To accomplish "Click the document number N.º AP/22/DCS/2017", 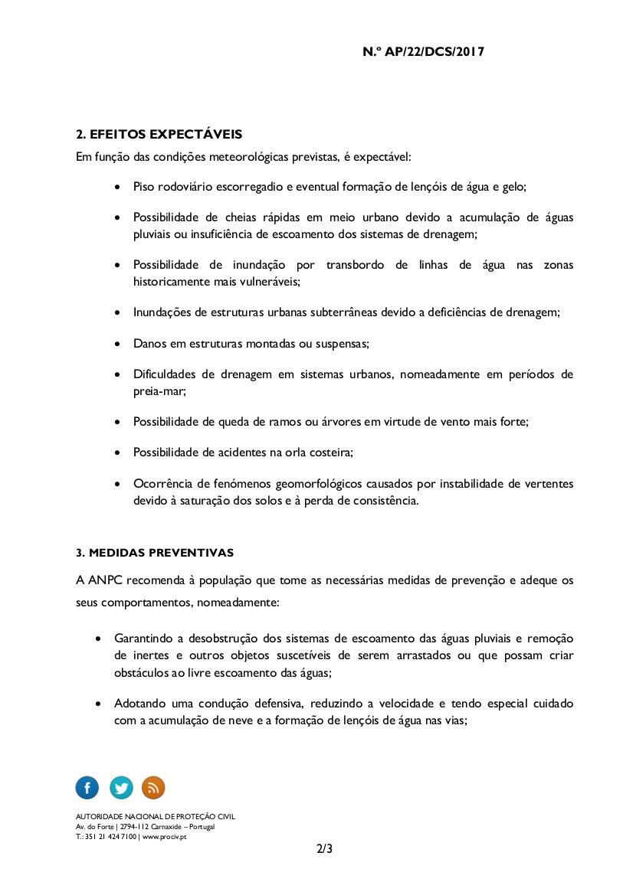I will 423,52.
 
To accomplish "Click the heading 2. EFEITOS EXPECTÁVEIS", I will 159,135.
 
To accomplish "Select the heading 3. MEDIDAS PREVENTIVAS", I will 155,553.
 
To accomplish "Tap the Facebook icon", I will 87,787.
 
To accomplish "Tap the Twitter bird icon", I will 121,787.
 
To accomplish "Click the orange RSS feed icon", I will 153,787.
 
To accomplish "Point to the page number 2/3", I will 324,849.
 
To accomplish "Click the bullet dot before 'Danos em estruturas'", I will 116,345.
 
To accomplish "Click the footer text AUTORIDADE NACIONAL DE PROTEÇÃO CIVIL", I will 156,817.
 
